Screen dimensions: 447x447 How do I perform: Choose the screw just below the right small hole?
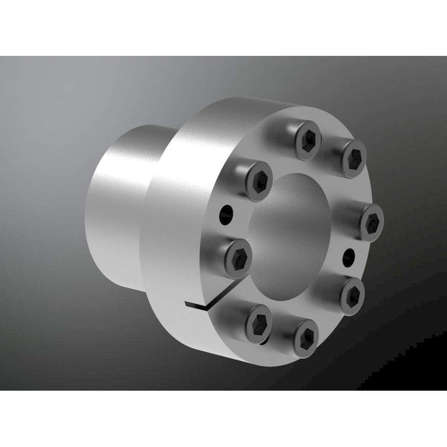(x=353, y=294)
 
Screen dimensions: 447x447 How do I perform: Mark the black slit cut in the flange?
(x=197, y=305)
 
